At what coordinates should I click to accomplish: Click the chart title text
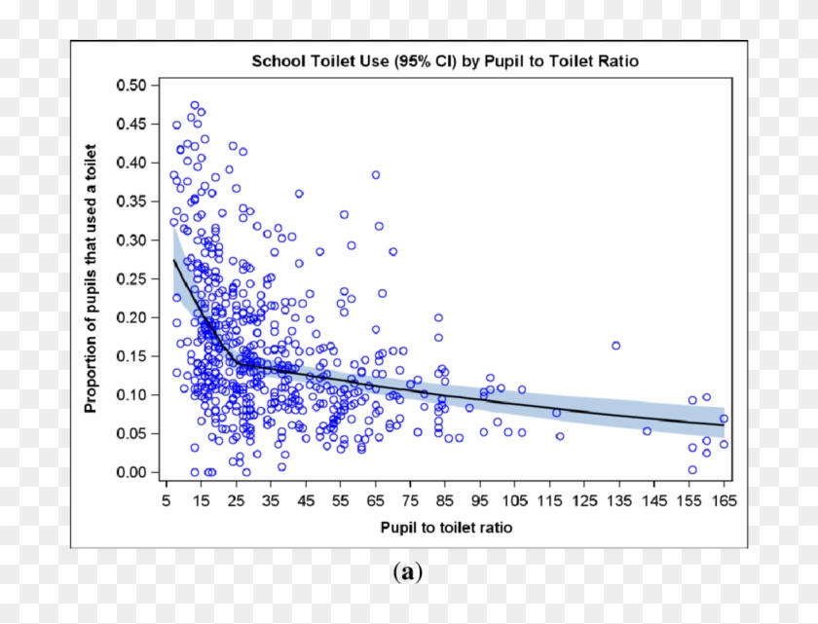(445, 61)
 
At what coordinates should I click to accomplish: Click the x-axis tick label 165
(724, 500)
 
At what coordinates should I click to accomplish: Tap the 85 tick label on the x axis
(445, 500)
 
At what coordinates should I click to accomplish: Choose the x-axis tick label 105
(515, 500)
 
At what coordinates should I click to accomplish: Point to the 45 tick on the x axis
(306, 500)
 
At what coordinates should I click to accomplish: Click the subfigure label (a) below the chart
(408, 572)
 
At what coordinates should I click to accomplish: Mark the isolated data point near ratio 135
(615, 346)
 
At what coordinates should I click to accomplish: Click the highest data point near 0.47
(195, 105)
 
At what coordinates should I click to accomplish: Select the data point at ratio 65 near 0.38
(376, 175)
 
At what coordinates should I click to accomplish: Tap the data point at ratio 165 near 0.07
(724, 419)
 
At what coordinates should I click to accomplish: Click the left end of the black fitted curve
(174, 261)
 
